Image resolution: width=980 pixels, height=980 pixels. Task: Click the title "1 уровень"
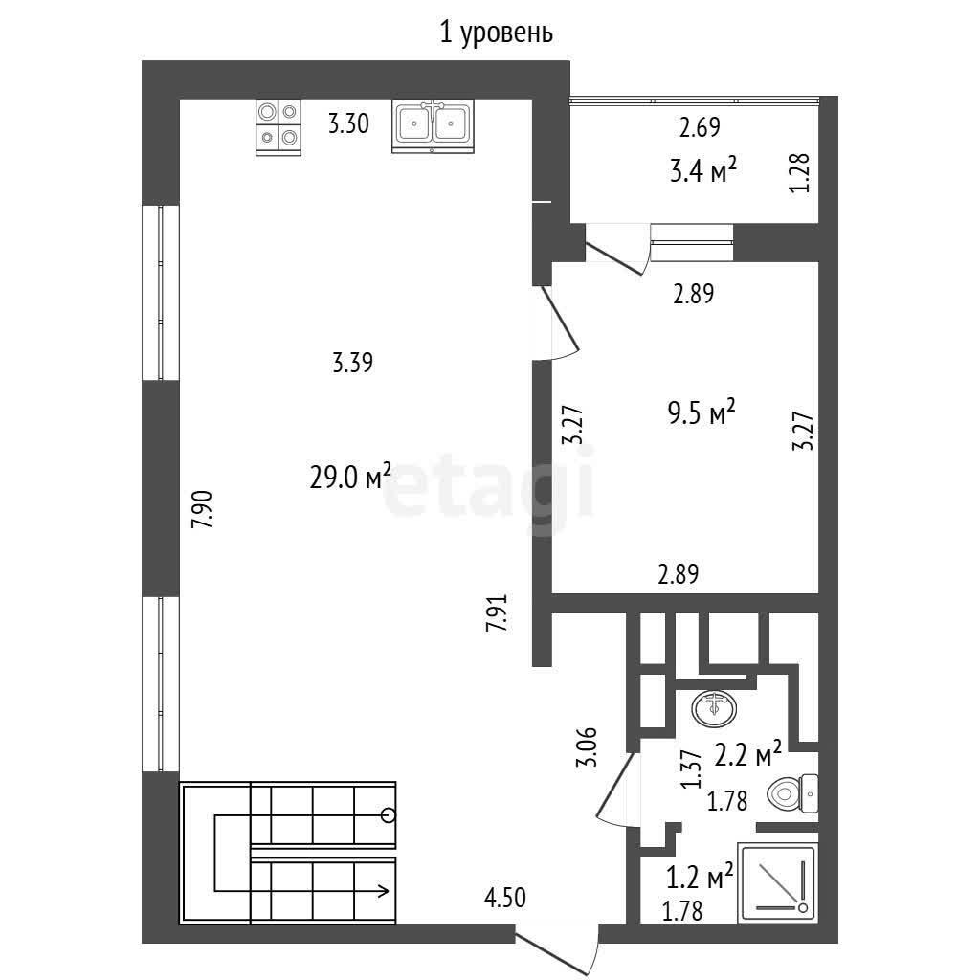click(497, 33)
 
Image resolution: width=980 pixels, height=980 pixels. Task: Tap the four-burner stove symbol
click(278, 127)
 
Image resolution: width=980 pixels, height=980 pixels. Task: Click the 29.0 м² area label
click(350, 478)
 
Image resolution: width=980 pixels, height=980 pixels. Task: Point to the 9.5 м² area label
click(702, 412)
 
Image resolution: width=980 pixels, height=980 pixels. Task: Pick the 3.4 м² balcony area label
click(702, 169)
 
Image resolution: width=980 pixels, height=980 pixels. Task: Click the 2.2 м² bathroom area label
click(747, 755)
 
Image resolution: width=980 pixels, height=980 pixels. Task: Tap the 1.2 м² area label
click(700, 877)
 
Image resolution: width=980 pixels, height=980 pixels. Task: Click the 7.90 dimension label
click(203, 510)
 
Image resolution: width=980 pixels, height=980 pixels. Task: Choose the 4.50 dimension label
click(505, 898)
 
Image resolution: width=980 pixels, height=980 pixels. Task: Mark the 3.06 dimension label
click(589, 746)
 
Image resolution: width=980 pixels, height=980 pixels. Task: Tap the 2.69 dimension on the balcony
click(700, 127)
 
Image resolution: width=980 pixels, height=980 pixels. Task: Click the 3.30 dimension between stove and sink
click(348, 123)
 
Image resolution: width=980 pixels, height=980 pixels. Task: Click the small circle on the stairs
click(389, 815)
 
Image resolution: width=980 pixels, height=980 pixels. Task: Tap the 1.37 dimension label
click(691, 769)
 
